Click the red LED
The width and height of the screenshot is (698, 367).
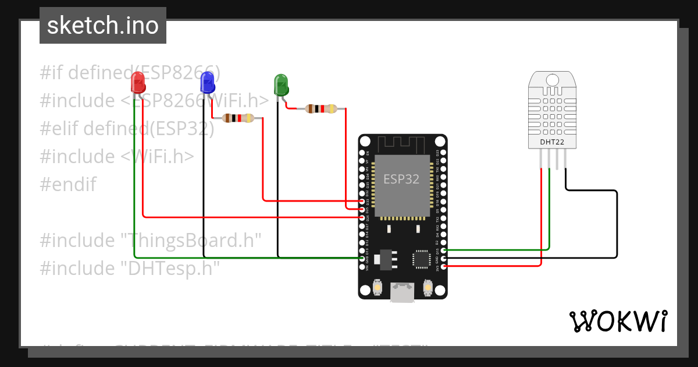pyautogui.click(x=138, y=82)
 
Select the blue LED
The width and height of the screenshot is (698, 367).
pyautogui.click(x=207, y=82)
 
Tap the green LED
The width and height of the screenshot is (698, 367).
pyautogui.click(x=280, y=84)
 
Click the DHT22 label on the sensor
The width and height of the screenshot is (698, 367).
pyautogui.click(x=552, y=141)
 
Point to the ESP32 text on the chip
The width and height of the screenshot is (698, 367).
pyautogui.click(x=401, y=179)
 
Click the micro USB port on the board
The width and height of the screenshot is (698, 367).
pyautogui.click(x=403, y=292)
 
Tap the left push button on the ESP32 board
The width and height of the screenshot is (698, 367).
pyautogui.click(x=378, y=288)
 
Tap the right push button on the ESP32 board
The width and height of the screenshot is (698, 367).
pyautogui.click(x=428, y=288)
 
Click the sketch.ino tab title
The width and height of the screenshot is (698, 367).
pyautogui.click(x=103, y=26)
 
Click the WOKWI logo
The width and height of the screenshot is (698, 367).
pyautogui.click(x=618, y=321)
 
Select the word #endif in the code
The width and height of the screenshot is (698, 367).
pyautogui.click(x=67, y=185)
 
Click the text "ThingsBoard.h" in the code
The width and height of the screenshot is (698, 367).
pyautogui.click(x=193, y=240)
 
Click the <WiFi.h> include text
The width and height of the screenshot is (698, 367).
pyautogui.click(x=157, y=156)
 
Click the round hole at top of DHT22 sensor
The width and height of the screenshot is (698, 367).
pyautogui.click(x=551, y=79)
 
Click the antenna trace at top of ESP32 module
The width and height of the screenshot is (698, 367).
pyautogui.click(x=403, y=144)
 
